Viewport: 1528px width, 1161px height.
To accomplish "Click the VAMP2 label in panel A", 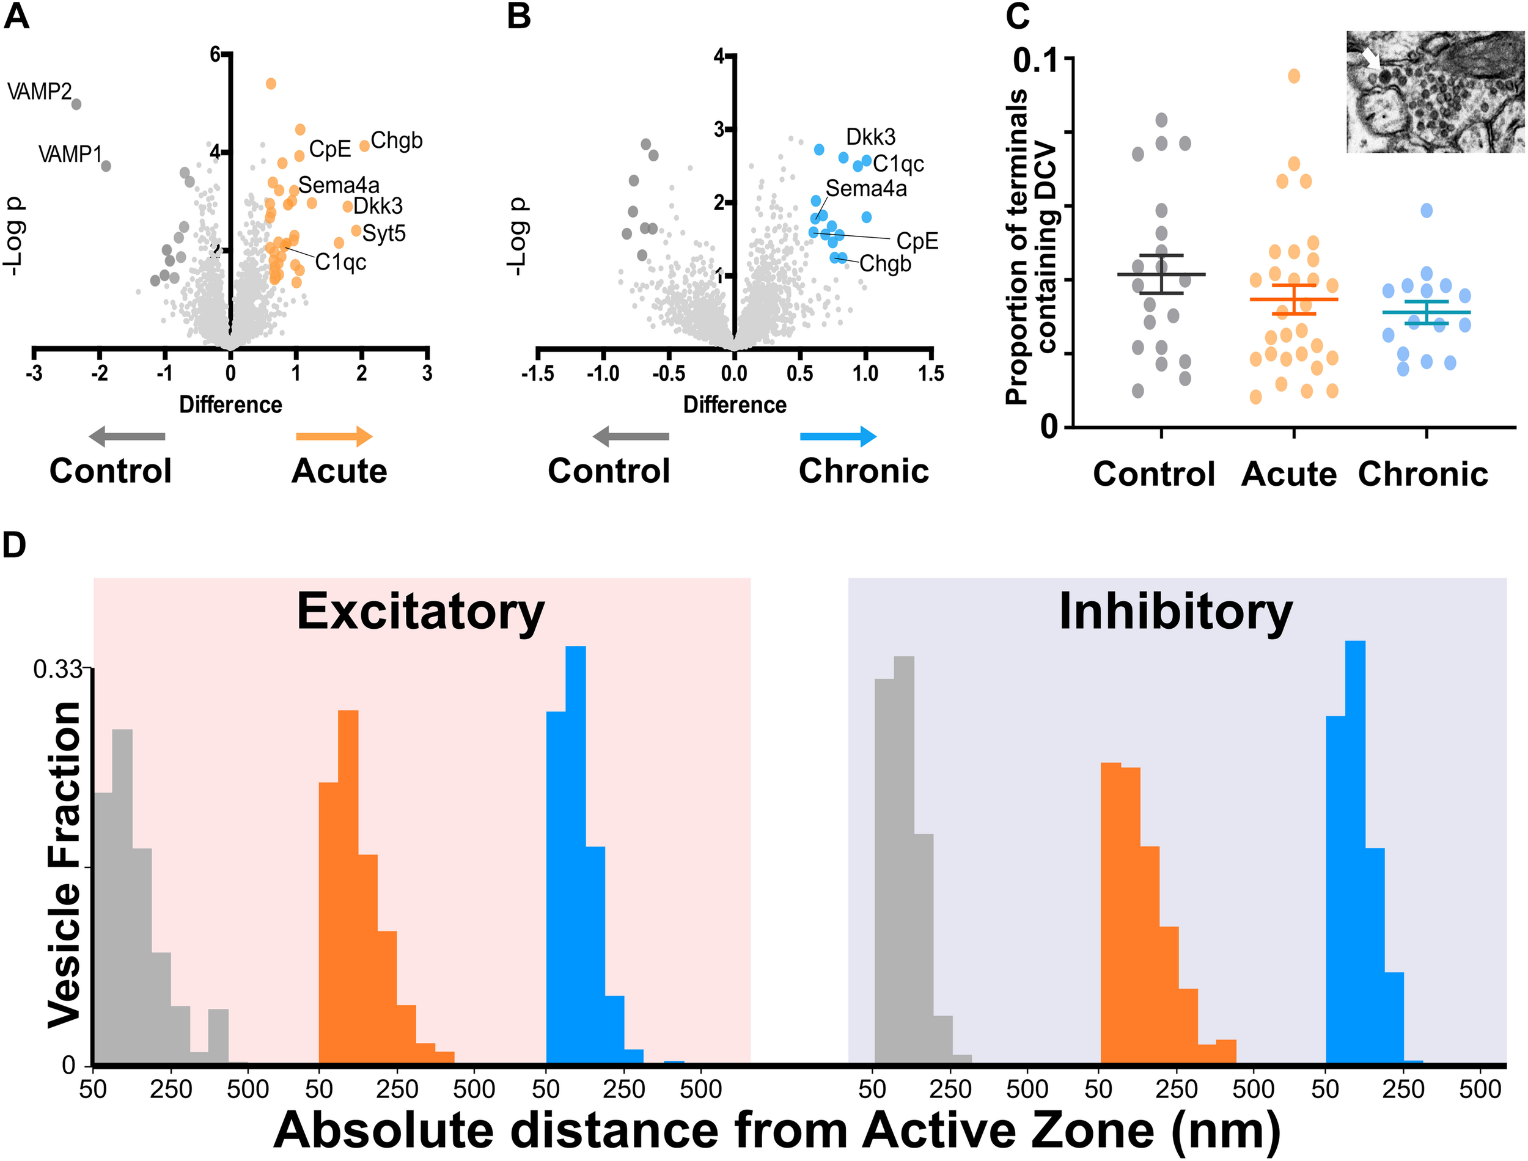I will [x=39, y=91].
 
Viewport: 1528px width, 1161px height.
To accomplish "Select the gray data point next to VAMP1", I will [x=106, y=166].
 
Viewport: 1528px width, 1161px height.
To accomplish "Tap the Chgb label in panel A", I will [x=396, y=141].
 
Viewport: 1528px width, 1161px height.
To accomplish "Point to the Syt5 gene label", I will [x=384, y=233].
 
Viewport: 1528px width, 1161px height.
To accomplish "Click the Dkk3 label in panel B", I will [x=870, y=137].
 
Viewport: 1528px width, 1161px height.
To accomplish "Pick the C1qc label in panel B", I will [x=898, y=164].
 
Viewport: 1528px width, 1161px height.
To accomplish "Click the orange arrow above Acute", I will [x=334, y=436].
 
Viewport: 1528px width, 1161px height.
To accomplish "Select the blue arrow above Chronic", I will [x=837, y=436].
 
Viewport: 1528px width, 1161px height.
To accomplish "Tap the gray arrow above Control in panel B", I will [x=631, y=436].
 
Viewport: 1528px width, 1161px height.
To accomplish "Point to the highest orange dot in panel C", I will [x=1294, y=76].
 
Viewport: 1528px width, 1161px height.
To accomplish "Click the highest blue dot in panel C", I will [x=1427, y=210].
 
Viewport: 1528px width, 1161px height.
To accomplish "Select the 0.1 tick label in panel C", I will [x=1035, y=61].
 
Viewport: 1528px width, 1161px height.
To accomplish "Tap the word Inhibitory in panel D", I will [x=1175, y=612].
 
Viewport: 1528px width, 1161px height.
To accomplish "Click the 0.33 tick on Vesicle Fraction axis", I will [x=57, y=669].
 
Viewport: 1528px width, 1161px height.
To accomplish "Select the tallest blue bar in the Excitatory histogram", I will [x=576, y=857].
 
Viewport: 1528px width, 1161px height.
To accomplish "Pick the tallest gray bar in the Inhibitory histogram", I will [x=903, y=860].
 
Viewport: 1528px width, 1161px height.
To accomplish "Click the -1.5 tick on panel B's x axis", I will [x=537, y=374].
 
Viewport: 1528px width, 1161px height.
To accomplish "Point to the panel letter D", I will [x=15, y=545].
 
